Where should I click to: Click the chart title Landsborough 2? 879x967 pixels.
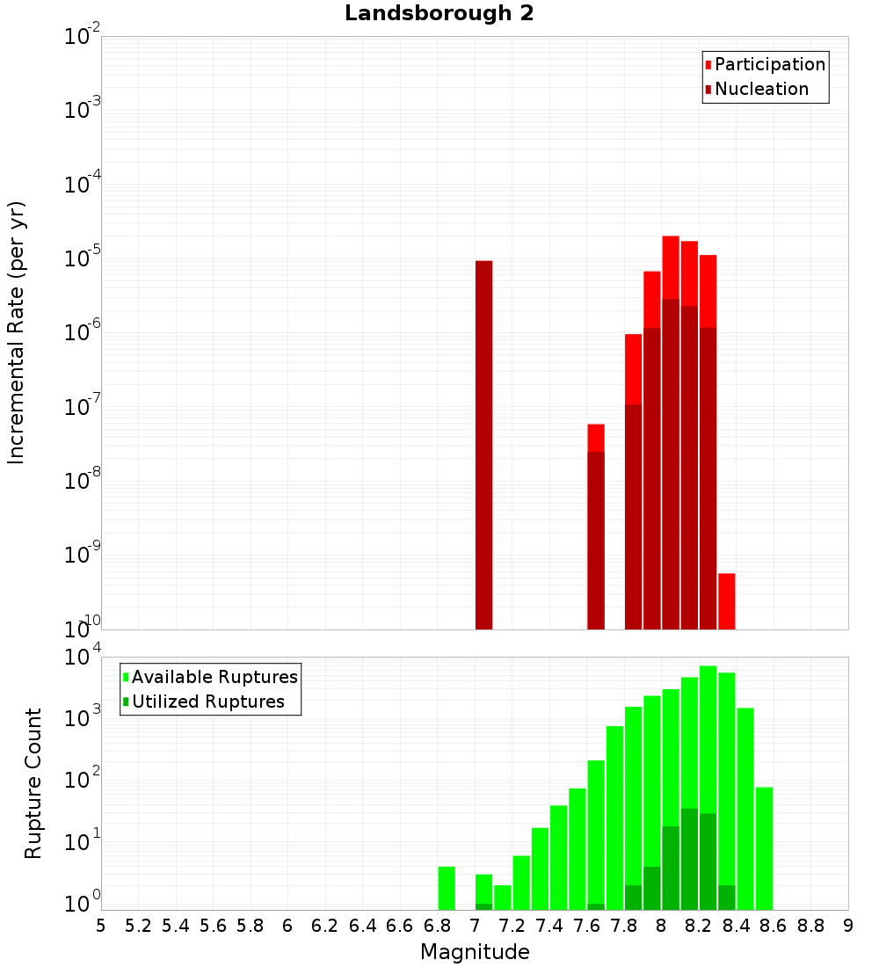pyautogui.click(x=439, y=14)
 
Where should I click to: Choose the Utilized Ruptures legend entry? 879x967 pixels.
pyautogui.click(x=207, y=702)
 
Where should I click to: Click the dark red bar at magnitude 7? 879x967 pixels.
pyautogui.click(x=483, y=444)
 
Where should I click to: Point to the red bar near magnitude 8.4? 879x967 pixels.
pyautogui.click(x=726, y=600)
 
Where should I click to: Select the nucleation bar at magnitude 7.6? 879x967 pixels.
pyautogui.click(x=596, y=540)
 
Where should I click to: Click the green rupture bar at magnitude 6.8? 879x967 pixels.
pyautogui.click(x=447, y=888)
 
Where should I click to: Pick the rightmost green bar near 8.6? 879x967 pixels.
pyautogui.click(x=764, y=848)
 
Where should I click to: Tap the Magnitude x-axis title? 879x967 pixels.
pyautogui.click(x=475, y=952)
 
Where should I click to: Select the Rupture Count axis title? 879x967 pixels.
pyautogui.click(x=33, y=783)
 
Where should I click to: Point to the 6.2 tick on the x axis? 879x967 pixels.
pyautogui.click(x=325, y=926)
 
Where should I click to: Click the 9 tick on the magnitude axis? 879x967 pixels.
pyautogui.click(x=848, y=926)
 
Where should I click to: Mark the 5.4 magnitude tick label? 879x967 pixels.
pyautogui.click(x=176, y=926)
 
